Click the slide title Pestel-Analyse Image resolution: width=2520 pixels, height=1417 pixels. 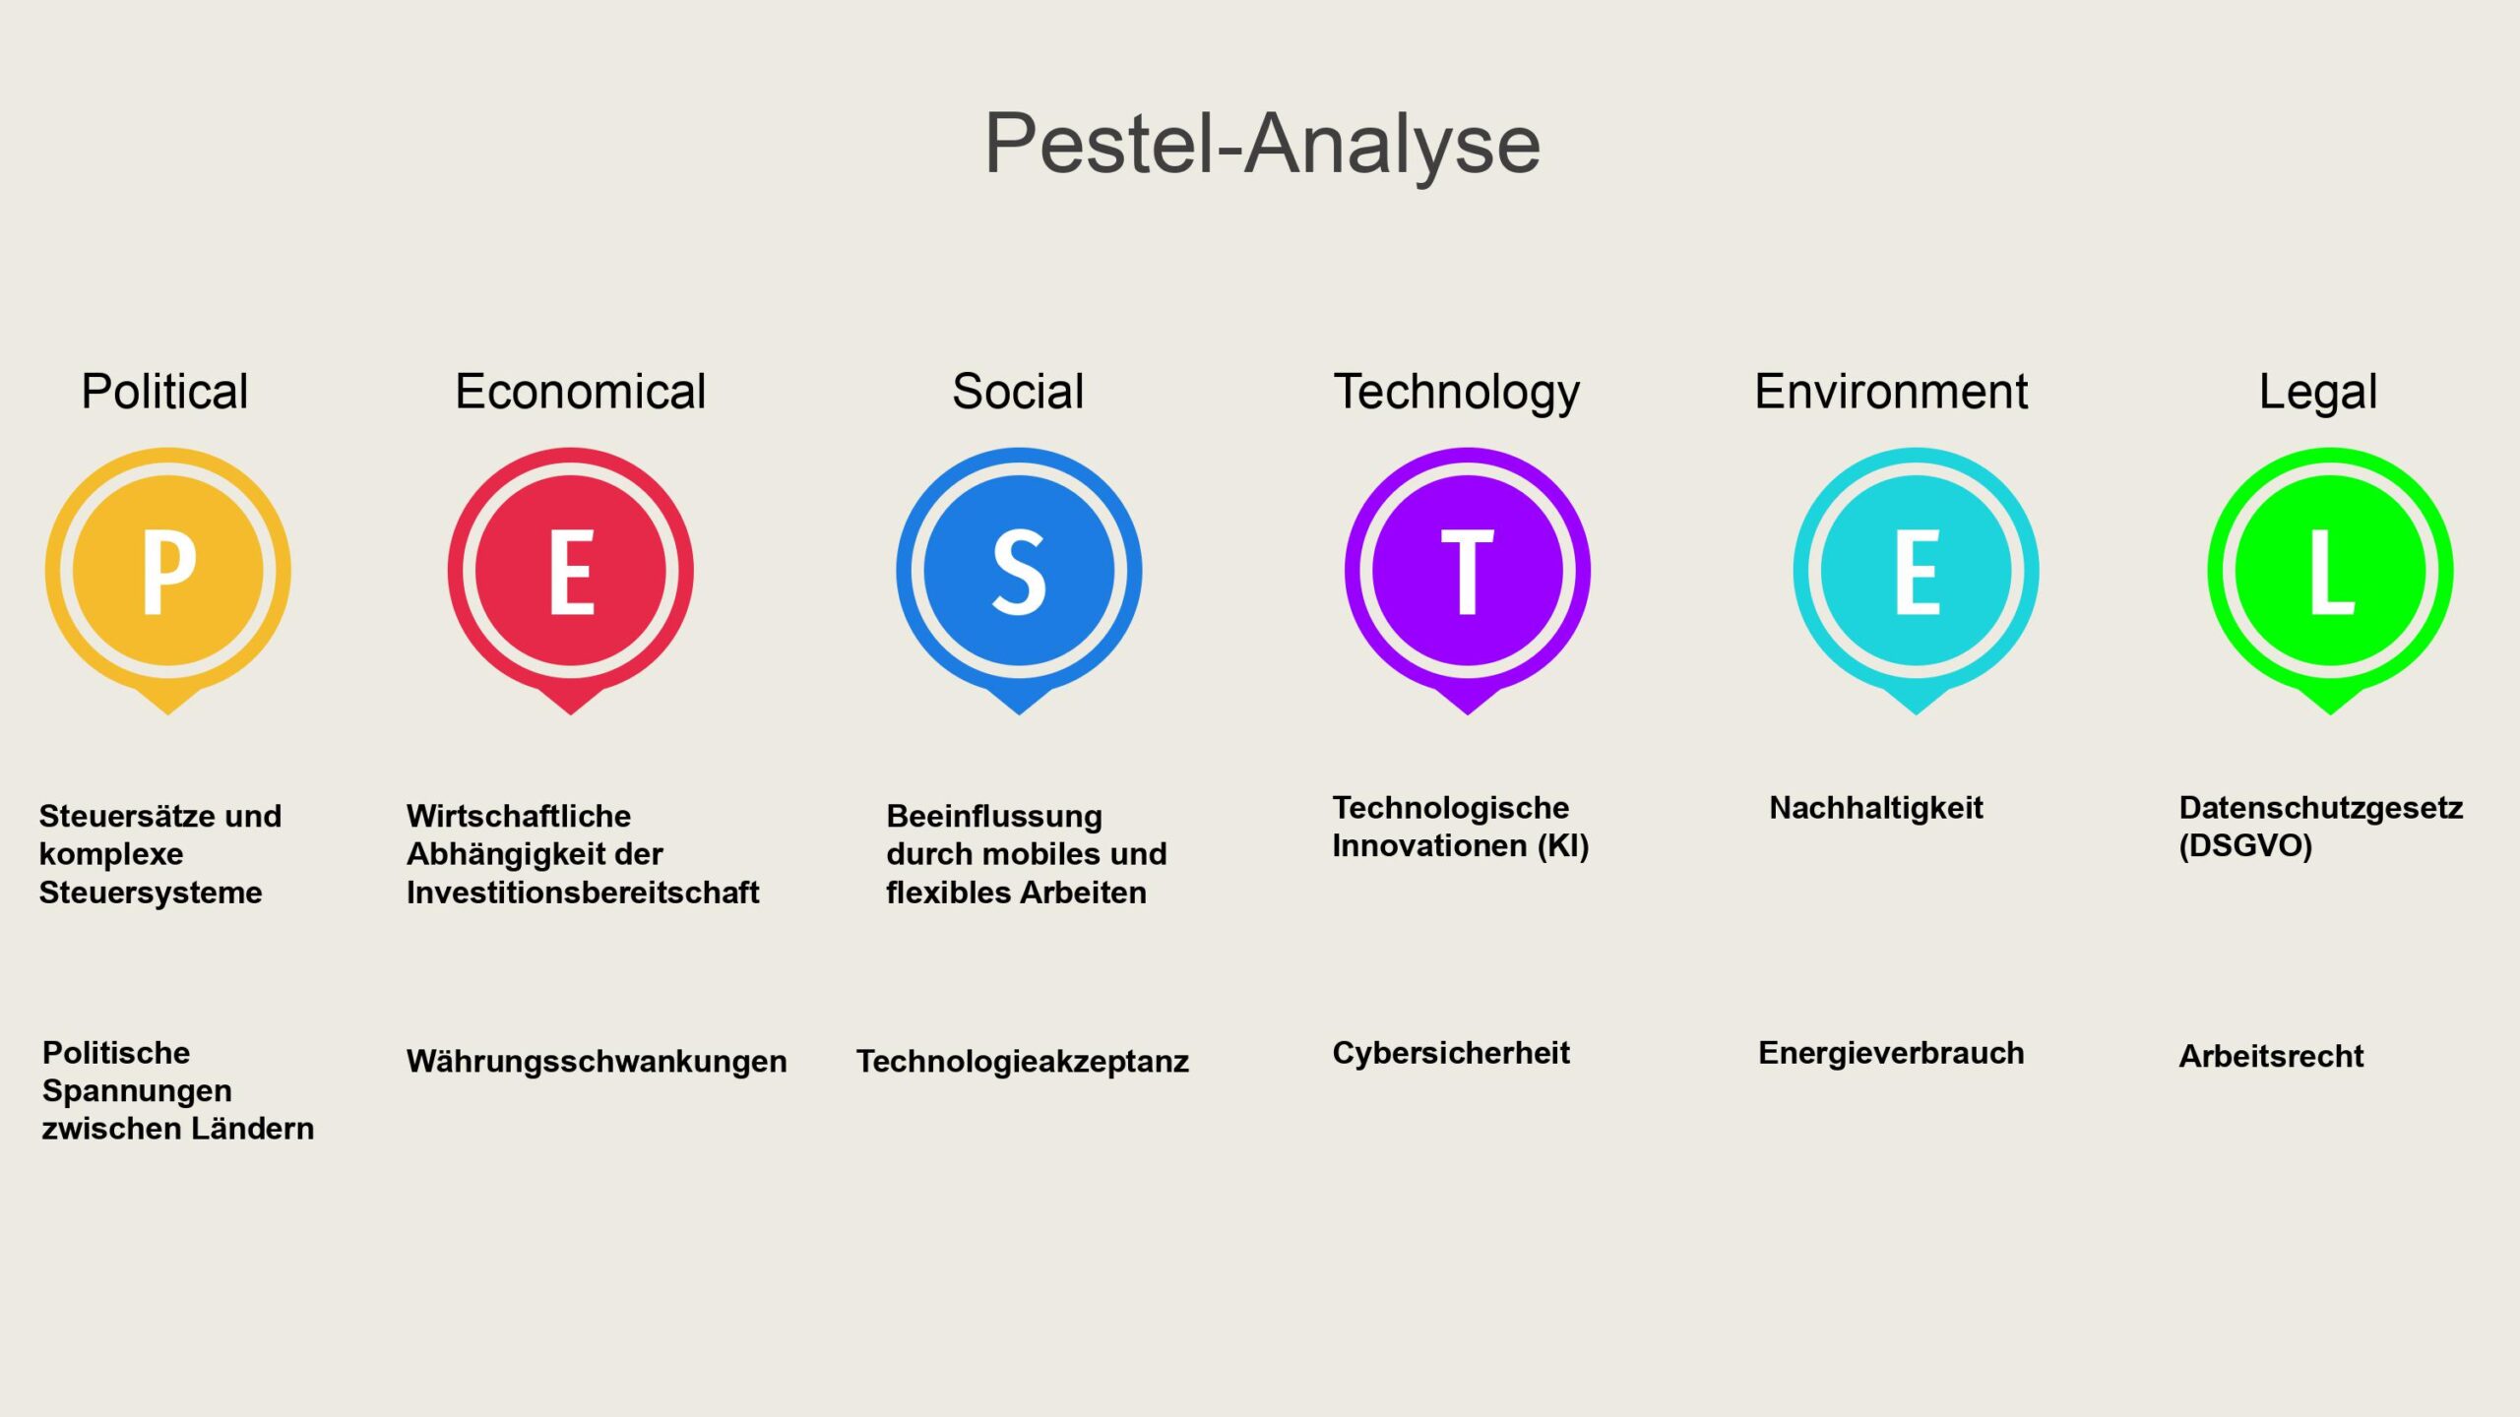[x=1262, y=145]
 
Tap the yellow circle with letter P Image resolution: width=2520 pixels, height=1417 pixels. [x=168, y=571]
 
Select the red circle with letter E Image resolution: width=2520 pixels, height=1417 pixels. [x=571, y=571]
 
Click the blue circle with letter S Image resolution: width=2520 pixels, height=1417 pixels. [x=1019, y=571]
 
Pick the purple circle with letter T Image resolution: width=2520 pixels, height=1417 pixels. [x=1468, y=571]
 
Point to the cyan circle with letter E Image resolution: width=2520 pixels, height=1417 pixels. [x=1917, y=571]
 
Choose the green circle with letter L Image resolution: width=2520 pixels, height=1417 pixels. [x=2330, y=571]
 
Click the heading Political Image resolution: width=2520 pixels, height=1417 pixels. [x=164, y=392]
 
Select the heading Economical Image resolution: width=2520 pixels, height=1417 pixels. [x=580, y=392]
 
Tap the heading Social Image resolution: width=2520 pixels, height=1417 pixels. [x=1018, y=392]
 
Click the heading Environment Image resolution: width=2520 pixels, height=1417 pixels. [x=1891, y=392]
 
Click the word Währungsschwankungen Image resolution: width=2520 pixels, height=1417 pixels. [x=597, y=1062]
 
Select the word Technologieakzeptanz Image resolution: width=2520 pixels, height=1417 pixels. [x=1023, y=1062]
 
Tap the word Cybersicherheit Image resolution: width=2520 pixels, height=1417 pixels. [x=1451, y=1053]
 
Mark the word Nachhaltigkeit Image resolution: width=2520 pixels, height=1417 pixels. [x=1876, y=808]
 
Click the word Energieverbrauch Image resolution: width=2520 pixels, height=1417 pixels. [x=1891, y=1053]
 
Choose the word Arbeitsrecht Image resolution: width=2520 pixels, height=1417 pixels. [x=2271, y=1056]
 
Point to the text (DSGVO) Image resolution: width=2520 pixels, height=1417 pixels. [x=2245, y=846]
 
